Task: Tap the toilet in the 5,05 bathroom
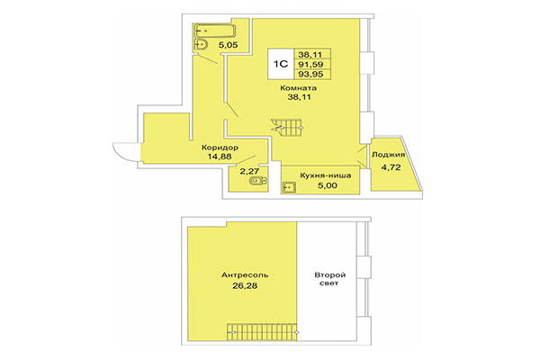202,44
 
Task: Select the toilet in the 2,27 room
256,183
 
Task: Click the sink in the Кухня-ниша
291,187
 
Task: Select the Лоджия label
390,155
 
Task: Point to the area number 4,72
390,166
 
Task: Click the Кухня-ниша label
313,167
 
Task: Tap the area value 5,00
314,178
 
